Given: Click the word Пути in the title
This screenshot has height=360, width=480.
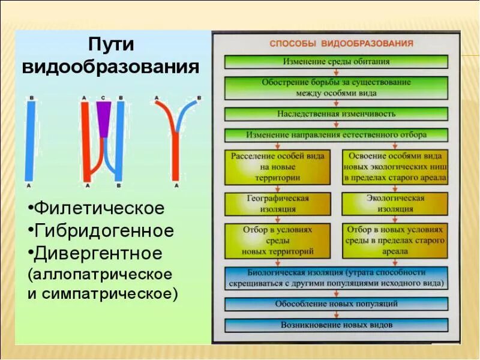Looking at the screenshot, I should tap(111, 45).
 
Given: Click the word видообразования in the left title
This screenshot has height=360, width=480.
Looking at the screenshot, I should tap(111, 66).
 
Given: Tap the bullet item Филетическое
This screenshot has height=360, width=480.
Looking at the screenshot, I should tap(99, 208).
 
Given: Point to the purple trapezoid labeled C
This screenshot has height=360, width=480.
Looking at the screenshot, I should tap(103, 113).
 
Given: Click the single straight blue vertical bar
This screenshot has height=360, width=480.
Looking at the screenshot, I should tap(29, 138).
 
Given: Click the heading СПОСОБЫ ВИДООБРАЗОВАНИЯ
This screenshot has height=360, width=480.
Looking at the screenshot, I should tap(341, 44).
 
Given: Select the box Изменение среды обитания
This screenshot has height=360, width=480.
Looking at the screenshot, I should tap(336, 61).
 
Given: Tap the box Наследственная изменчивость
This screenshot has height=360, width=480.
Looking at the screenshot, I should tap(336, 113).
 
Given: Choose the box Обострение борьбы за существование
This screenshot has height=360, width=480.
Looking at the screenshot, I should tap(336, 87).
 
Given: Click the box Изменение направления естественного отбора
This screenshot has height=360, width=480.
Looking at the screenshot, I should tap(336, 134).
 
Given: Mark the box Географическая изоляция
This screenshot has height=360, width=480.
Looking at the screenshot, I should tap(278, 203).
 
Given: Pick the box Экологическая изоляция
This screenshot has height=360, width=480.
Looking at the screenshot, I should tap(395, 203).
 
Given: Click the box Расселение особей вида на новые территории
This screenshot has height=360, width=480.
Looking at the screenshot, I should tap(278, 167).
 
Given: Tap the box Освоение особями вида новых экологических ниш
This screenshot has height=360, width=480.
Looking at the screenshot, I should tap(395, 167).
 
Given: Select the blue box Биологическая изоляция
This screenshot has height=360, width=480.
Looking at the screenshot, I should tap(336, 277).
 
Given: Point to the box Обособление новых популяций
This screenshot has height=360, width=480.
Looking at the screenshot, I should tap(336, 304).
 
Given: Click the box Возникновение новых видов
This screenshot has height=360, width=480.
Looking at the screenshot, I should tap(336, 325).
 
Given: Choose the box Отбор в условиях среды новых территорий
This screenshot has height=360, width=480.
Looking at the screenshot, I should tap(278, 240).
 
